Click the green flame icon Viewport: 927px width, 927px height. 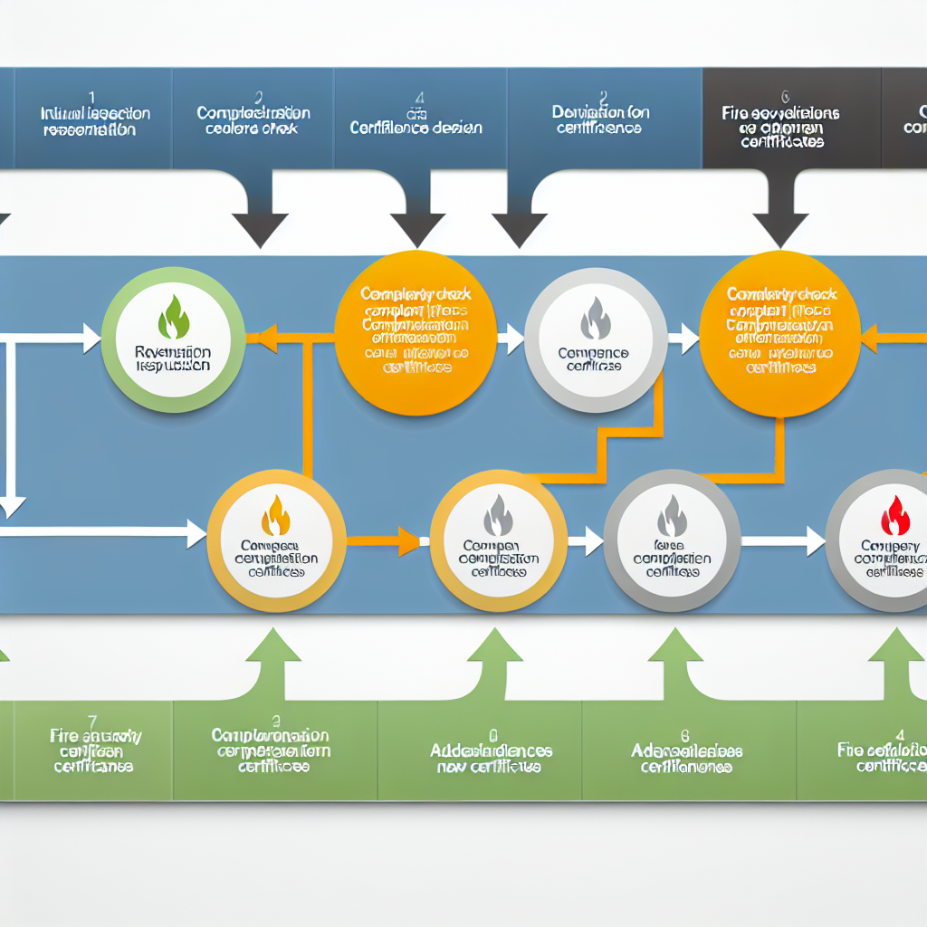coord(173,318)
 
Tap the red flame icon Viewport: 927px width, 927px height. coord(894,516)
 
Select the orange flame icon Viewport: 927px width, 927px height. coord(276,515)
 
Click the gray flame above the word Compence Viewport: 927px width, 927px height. coord(596,319)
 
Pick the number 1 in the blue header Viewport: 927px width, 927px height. coord(91,95)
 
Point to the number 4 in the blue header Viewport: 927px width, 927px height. coord(420,97)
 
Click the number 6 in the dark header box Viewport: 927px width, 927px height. coord(785,95)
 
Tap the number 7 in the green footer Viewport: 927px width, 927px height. coord(92,721)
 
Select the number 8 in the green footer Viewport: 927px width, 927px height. coord(685,735)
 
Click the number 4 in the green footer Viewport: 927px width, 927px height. coord(899,735)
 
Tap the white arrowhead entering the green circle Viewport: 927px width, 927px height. coord(91,339)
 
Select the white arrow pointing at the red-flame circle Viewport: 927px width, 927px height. coord(810,541)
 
